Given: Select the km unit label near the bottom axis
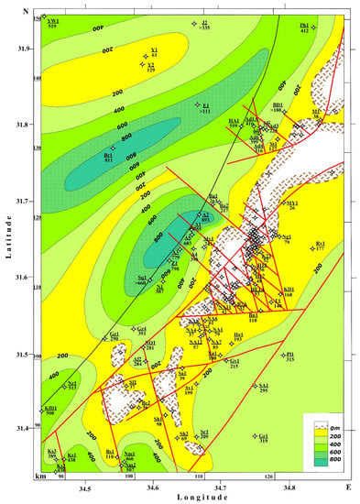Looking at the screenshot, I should tap(38, 477).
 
